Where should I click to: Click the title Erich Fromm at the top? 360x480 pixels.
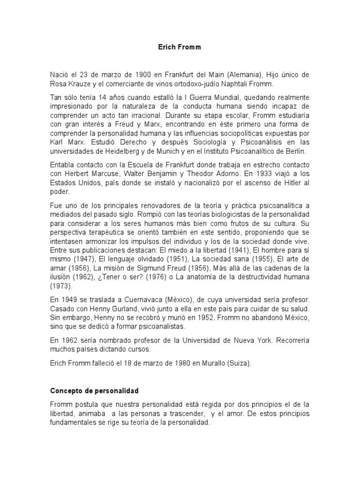coord(180,47)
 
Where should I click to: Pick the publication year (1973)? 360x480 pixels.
coord(60,285)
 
